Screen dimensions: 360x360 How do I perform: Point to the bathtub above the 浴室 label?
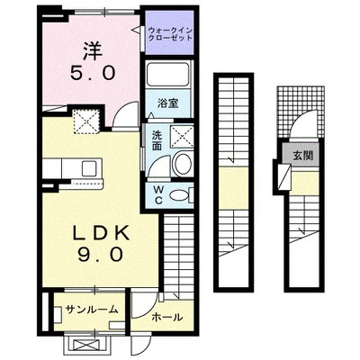coord(168,76)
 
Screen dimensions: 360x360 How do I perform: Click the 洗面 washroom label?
coord(156,142)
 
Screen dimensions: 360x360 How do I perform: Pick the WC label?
coord(156,194)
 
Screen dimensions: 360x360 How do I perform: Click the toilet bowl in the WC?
coord(181,195)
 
